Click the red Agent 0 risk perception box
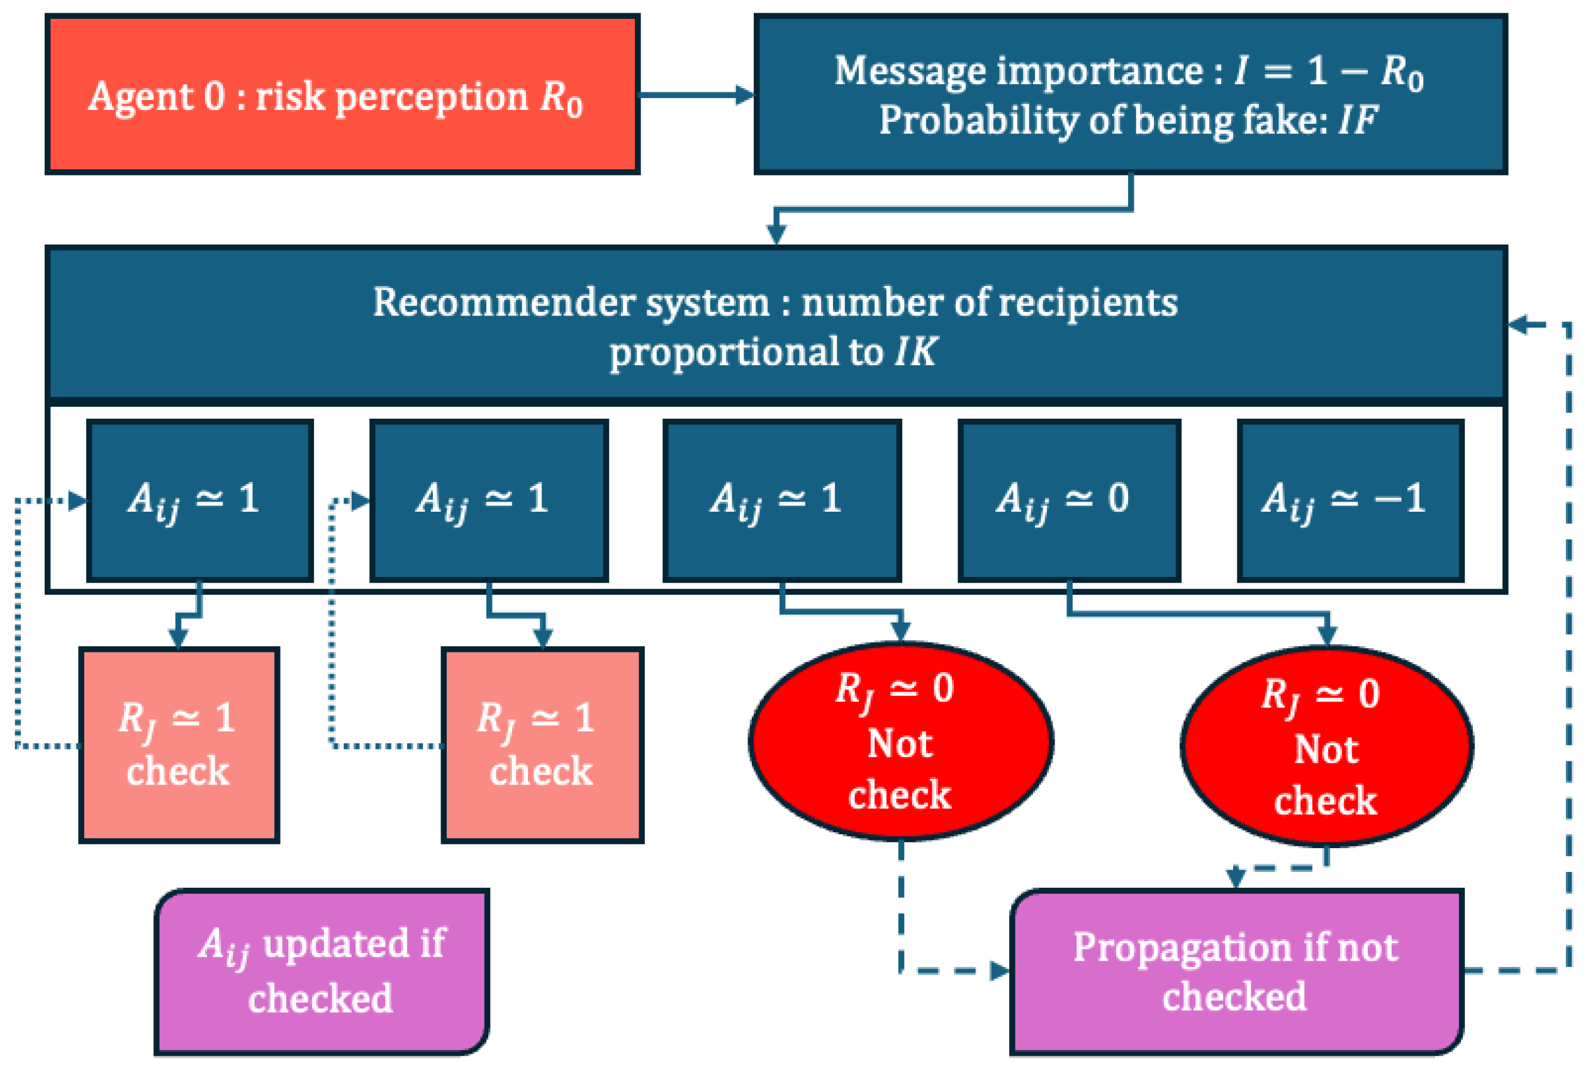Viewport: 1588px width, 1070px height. pos(342,94)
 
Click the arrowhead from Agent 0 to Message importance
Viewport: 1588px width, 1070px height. pos(744,95)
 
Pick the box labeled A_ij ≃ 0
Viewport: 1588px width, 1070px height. pos(1068,500)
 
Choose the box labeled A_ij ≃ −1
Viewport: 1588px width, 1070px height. pos(1350,500)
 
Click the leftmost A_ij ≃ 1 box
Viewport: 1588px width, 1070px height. pos(199,500)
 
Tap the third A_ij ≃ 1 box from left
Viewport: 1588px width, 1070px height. pos(781,500)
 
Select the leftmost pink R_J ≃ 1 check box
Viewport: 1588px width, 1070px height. pos(179,745)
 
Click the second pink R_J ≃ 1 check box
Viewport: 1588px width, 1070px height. pos(542,745)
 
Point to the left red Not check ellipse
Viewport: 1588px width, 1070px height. pos(900,741)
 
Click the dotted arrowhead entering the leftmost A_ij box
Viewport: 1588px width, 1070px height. pos(79,502)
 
